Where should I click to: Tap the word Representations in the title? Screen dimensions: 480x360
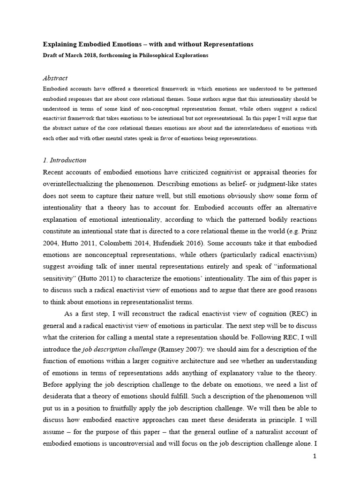(225, 45)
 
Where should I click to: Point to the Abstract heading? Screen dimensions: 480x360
(55, 78)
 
